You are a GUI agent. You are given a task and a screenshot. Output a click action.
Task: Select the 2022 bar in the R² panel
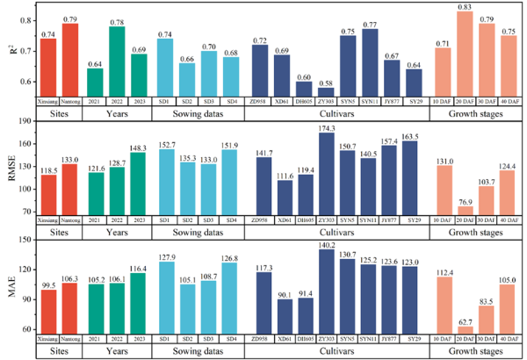pyautogui.click(x=117, y=61)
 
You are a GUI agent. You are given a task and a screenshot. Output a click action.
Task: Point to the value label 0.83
pyautogui.click(x=466, y=6)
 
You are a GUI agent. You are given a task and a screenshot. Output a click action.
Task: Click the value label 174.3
pyautogui.click(x=326, y=127)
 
